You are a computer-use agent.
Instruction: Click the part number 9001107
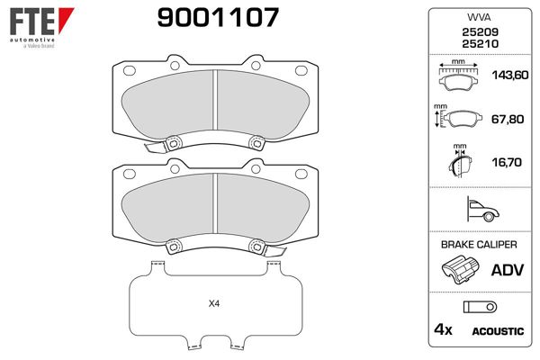click(x=218, y=17)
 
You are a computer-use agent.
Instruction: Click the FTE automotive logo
click(x=41, y=28)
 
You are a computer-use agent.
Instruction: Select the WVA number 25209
click(x=480, y=32)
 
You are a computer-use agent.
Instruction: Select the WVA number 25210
click(x=480, y=44)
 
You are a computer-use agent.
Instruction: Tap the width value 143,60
click(x=509, y=75)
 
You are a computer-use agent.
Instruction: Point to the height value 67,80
click(x=508, y=119)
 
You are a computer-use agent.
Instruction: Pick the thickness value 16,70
click(x=506, y=162)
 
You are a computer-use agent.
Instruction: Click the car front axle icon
click(x=482, y=210)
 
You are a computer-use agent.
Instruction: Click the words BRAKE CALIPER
click(x=479, y=245)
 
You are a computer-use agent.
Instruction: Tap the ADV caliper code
click(x=508, y=270)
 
